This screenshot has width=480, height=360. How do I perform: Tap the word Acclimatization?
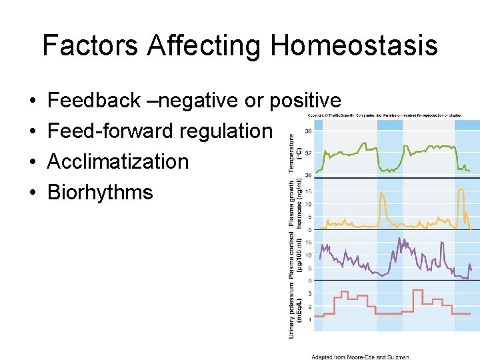pyautogui.click(x=118, y=161)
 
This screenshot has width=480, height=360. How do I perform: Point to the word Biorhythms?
pyautogui.click(x=100, y=192)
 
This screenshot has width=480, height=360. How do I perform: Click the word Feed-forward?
pyautogui.click(x=109, y=131)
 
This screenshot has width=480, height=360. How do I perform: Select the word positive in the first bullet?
pyautogui.click(x=305, y=101)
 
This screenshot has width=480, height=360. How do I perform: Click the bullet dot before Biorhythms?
pyautogui.click(x=32, y=193)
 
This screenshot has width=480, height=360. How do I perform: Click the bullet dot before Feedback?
pyautogui.click(x=32, y=101)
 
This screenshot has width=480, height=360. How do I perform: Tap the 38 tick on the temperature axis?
pyautogui.click(x=308, y=132)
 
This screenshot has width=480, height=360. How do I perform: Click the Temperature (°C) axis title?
pyautogui.click(x=294, y=153)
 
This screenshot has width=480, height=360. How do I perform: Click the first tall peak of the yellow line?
pyautogui.click(x=381, y=193)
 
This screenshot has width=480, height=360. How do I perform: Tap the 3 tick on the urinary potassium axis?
pyautogui.click(x=309, y=293)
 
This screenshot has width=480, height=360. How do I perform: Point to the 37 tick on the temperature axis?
pyautogui.click(x=308, y=153)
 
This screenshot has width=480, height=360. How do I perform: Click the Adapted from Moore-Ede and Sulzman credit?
pyautogui.click(x=361, y=356)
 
